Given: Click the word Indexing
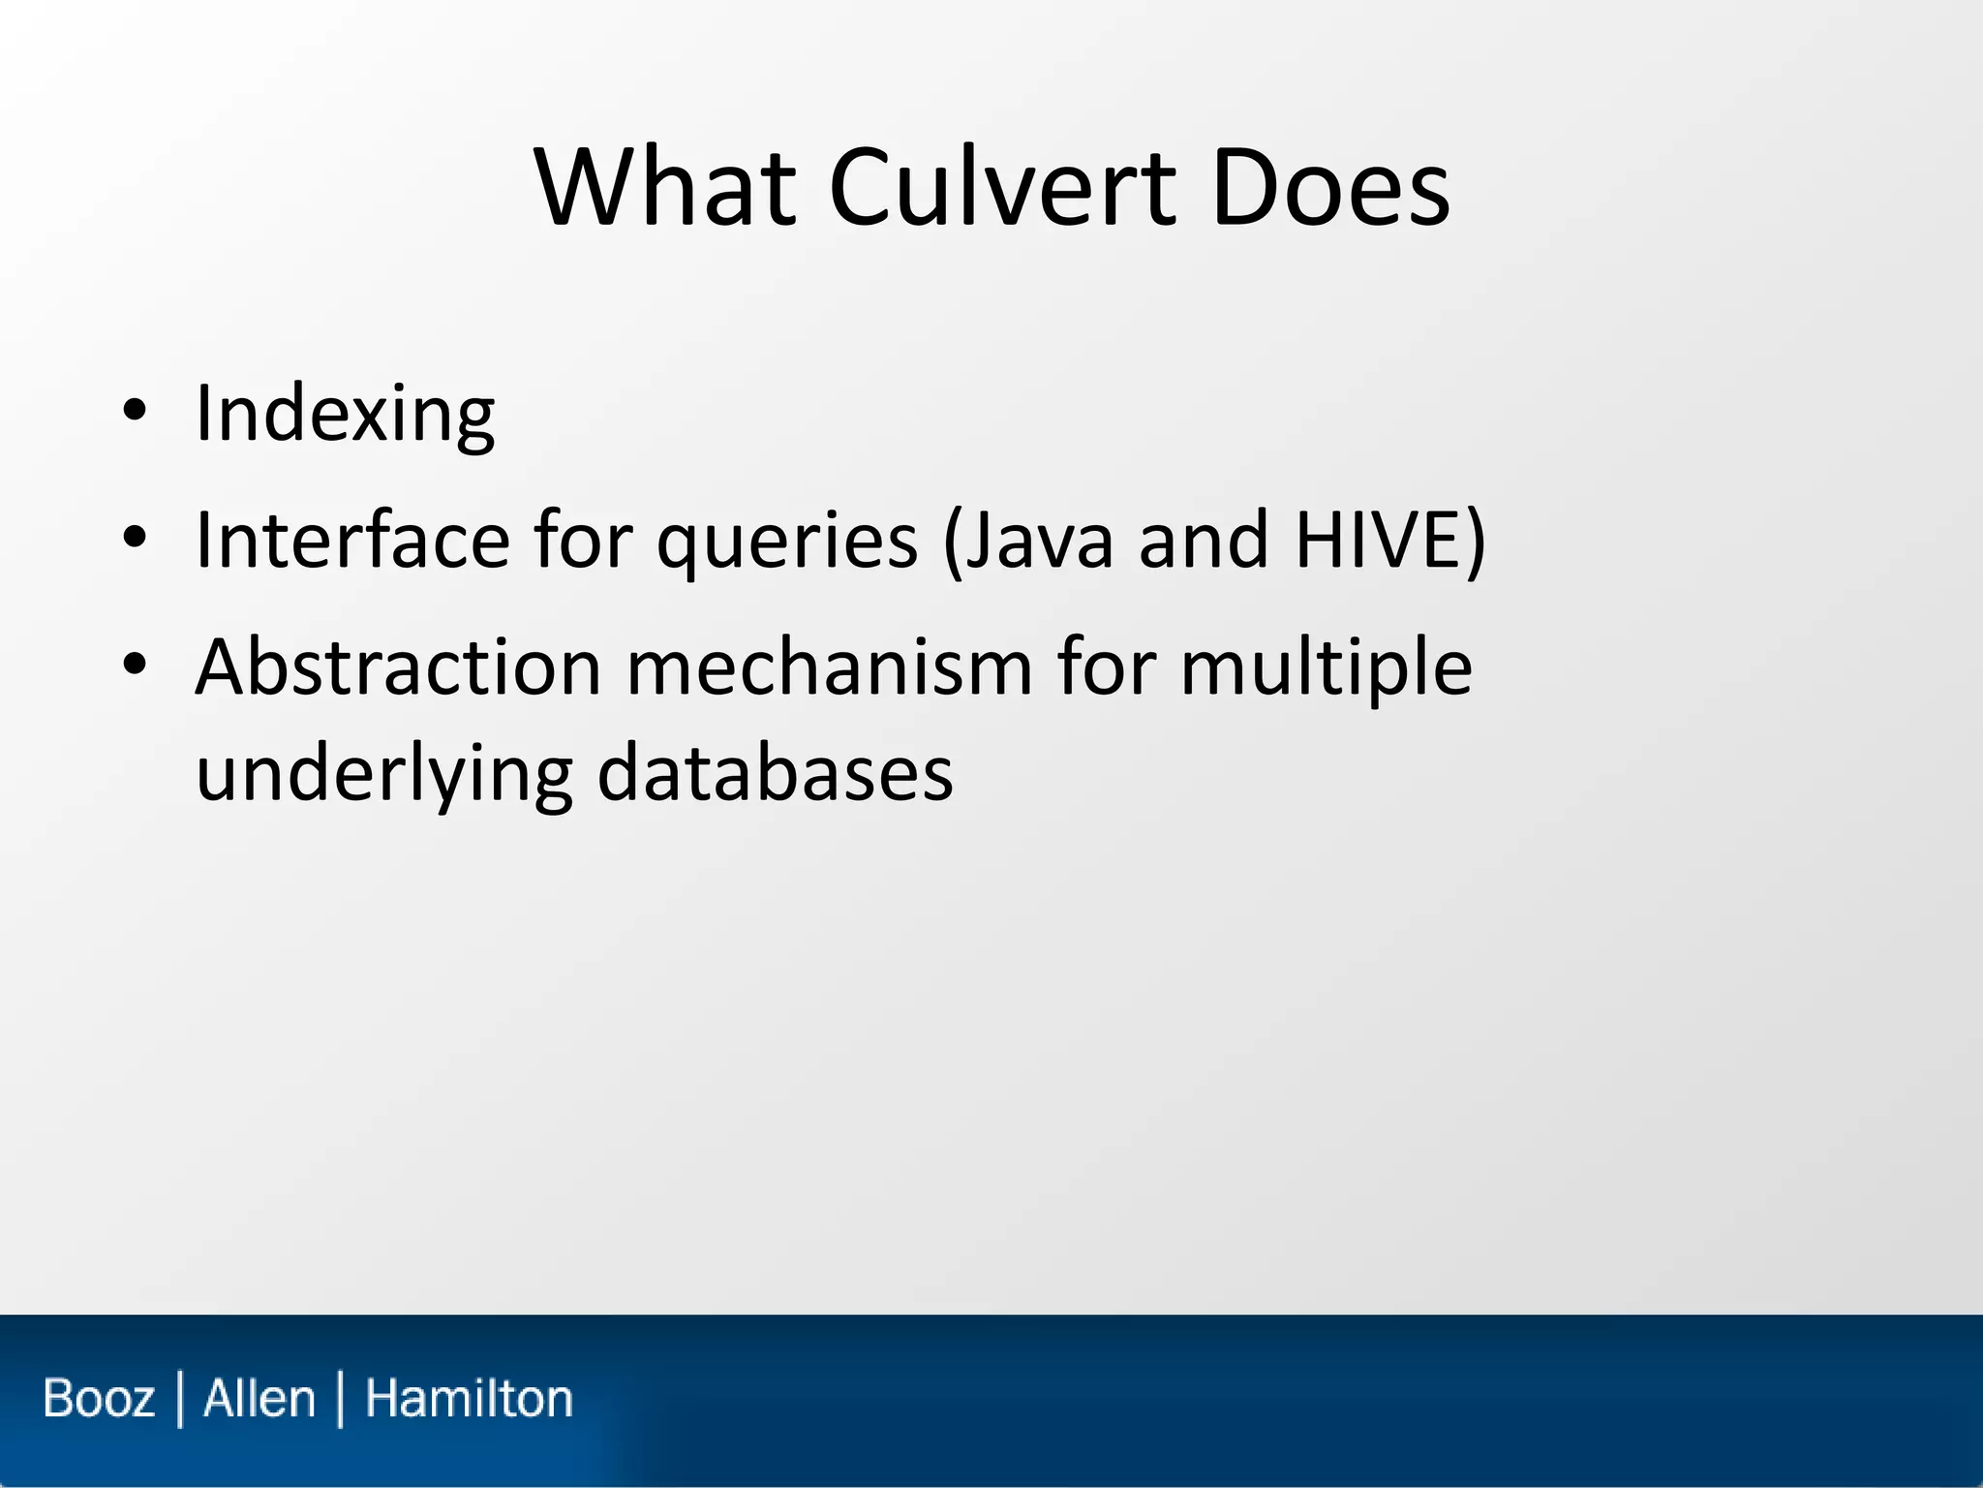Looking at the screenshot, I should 345,415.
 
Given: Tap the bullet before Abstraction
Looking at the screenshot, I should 135,664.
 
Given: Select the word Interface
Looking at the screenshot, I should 351,540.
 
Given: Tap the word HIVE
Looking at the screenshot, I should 1379,540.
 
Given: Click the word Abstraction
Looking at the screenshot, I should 398,667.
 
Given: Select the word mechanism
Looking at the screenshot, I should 829,667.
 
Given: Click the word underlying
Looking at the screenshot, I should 383,775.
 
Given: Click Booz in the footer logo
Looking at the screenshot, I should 99,1399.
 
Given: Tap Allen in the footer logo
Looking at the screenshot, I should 259,1399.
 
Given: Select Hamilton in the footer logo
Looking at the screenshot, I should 469,1399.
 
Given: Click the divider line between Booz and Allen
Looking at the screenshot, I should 180,1399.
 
